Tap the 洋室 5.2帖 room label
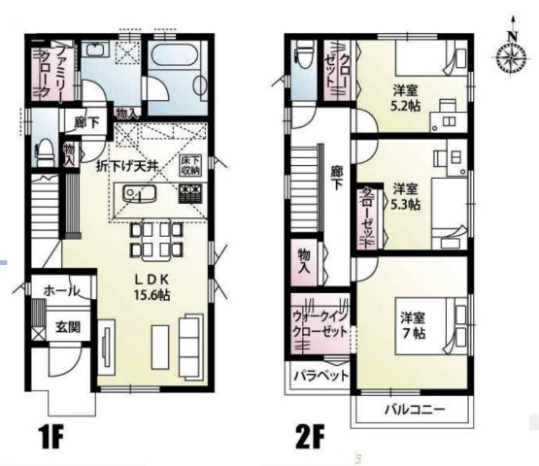[406, 97]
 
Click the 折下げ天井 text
[134, 165]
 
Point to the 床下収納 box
[189, 164]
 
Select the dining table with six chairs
[153, 238]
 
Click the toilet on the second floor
[303, 53]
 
